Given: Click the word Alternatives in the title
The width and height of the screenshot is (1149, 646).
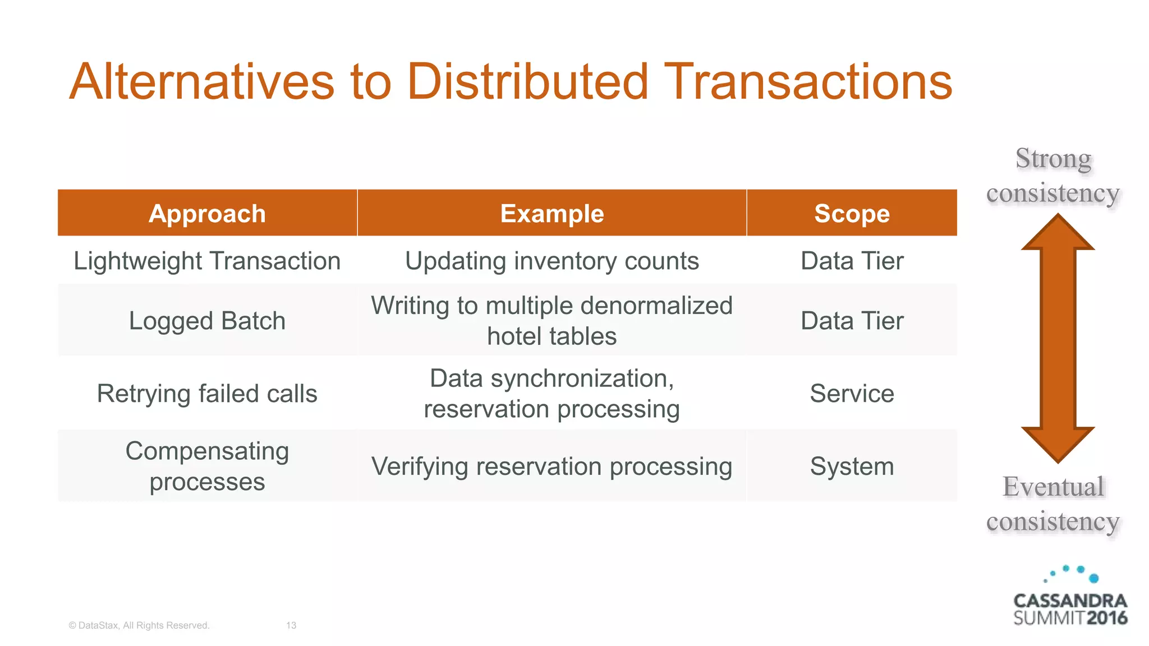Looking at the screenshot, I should point(202,82).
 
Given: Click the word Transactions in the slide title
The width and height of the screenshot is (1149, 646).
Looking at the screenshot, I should point(808,82).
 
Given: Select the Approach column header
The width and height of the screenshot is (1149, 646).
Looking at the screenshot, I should point(207,214).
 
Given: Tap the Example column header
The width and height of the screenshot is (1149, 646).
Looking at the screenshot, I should point(551,214).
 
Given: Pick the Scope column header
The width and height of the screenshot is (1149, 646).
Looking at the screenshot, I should point(852,214).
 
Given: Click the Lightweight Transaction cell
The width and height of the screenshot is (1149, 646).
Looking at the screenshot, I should point(207,261).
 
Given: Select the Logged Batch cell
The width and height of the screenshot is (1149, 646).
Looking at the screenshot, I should point(207,321).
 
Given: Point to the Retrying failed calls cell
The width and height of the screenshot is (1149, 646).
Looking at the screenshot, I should point(207,394).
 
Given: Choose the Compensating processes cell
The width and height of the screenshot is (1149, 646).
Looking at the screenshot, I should point(207,466).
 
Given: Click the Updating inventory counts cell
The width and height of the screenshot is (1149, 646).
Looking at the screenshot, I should point(551,261).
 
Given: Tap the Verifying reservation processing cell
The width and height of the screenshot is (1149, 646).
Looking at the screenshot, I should point(551,467).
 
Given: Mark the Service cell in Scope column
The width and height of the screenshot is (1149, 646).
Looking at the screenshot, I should point(852,394).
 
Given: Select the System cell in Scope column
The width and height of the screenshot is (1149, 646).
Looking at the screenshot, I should point(852,467).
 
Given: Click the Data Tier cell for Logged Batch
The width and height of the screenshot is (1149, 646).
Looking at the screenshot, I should point(852,321).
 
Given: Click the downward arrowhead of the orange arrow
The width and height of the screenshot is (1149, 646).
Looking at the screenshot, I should point(1058,443).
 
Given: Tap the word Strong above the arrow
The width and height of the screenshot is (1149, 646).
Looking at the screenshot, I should point(1054,159).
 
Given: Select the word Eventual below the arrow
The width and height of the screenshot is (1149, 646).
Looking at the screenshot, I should point(1054,487).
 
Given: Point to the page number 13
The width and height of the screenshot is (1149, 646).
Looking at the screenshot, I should point(291,625).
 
